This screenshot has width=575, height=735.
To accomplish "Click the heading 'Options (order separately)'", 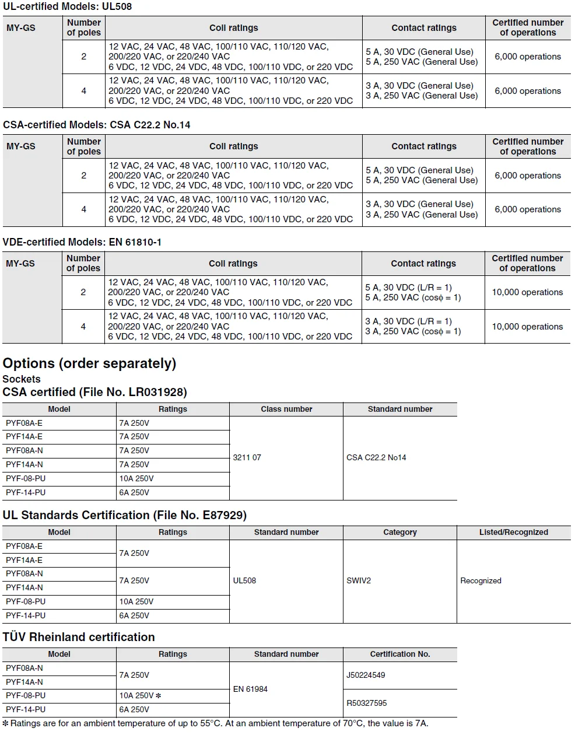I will [89, 363].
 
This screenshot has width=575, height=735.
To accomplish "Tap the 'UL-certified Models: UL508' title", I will [67, 6].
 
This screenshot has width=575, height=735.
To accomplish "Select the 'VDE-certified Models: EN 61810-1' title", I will [82, 242].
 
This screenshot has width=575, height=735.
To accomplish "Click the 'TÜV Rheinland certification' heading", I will [79, 637].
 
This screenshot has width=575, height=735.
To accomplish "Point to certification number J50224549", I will [366, 675].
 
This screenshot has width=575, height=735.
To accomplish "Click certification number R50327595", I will [366, 703].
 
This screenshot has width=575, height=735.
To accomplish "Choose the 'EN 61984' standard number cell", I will [250, 689].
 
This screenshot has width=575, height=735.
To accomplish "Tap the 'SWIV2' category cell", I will [359, 580].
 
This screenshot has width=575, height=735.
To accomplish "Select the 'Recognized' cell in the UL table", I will [481, 580].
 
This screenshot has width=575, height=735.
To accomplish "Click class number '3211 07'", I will [247, 457].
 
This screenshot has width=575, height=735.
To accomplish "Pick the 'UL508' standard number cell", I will [244, 580].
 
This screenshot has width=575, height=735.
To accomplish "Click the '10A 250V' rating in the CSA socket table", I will [136, 478].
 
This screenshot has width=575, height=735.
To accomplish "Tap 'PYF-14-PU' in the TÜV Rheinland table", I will [26, 709].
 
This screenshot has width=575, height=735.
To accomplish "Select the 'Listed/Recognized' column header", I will [513, 532].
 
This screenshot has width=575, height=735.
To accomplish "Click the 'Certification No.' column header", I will [400, 654].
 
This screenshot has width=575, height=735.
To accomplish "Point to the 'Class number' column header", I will [286, 409].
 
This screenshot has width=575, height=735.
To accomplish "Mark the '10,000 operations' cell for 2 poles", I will [527, 292].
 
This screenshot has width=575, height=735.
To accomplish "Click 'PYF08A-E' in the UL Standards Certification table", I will [24, 546].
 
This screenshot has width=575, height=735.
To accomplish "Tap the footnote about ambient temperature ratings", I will [216, 723].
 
